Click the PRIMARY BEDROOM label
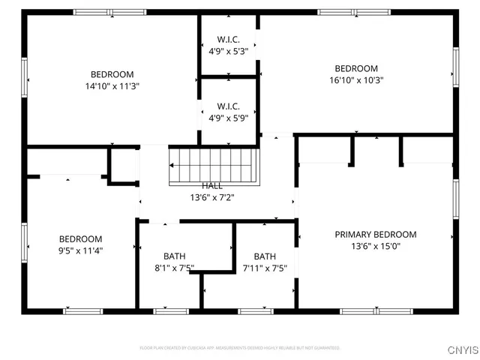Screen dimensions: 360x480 click(x=375, y=234)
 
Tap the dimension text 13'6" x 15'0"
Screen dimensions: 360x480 click(x=375, y=246)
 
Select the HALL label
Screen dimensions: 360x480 click(x=211, y=186)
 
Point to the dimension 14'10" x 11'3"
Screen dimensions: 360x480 click(x=112, y=86)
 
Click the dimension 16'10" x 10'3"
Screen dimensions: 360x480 click(x=356, y=80)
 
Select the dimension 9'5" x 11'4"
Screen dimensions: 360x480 click(x=80, y=250)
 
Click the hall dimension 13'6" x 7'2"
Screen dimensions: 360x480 click(x=211, y=198)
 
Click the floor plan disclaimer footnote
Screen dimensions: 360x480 click(x=240, y=348)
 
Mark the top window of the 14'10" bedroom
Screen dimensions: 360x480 click(x=110, y=12)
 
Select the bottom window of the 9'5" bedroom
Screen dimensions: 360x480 click(x=82, y=310)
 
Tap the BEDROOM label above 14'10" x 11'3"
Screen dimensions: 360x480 click(x=112, y=74)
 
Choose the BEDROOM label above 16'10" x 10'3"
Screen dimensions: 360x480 click(x=356, y=68)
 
